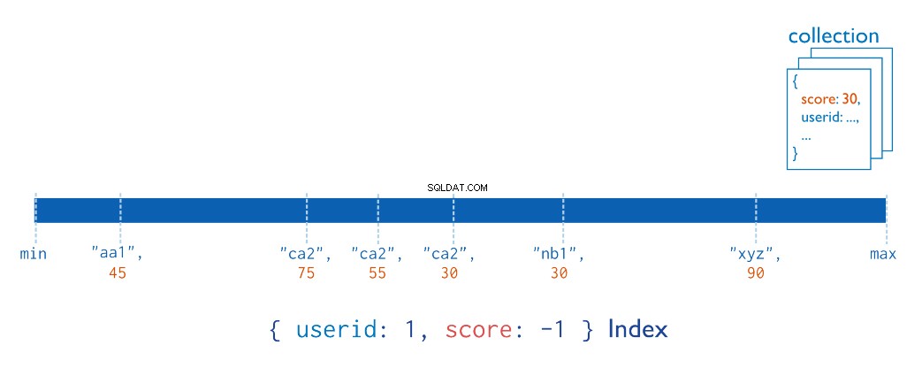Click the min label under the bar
click(33, 254)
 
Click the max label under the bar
click(883, 254)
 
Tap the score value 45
click(118, 273)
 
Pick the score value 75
click(307, 273)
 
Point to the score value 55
click(377, 273)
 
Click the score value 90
click(756, 273)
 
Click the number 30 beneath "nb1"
click(560, 273)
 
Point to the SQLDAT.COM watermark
click(458, 188)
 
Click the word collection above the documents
click(834, 36)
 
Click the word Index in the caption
click(638, 329)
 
